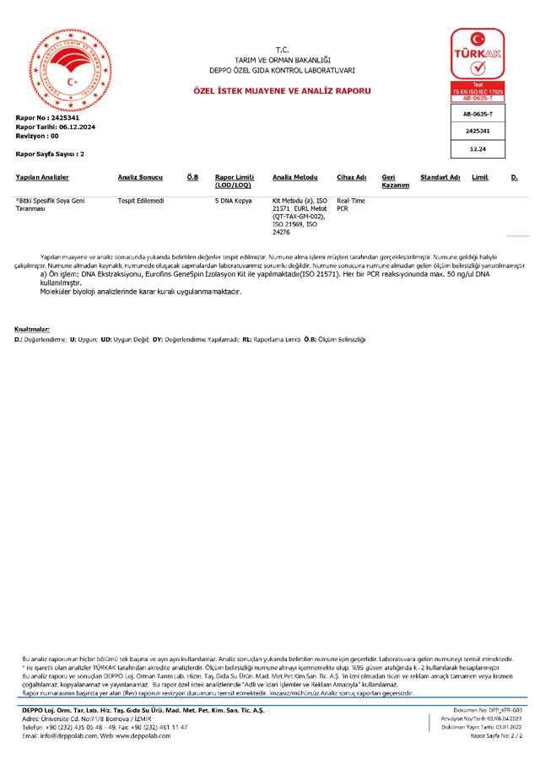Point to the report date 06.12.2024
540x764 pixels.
tap(77, 126)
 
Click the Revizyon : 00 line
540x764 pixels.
tap(37, 135)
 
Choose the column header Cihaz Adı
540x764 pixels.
tap(351, 177)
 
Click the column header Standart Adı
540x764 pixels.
tap(440, 177)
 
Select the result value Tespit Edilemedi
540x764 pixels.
tap(141, 201)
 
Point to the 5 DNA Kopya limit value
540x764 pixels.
tap(234, 201)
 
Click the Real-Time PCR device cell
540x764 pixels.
tap(351, 204)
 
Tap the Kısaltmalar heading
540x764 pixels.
tap(32, 328)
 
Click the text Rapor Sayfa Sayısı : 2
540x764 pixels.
tap(50, 154)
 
